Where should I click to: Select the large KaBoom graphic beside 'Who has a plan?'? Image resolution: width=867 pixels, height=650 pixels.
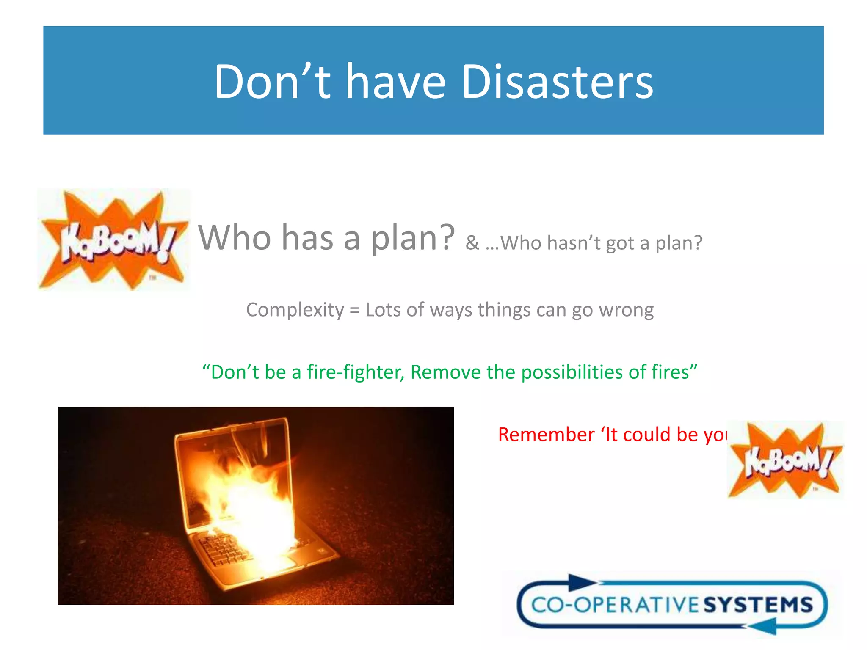click(x=113, y=240)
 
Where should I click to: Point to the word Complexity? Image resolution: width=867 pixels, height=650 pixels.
click(x=295, y=310)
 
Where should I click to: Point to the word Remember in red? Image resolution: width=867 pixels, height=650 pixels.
click(x=546, y=435)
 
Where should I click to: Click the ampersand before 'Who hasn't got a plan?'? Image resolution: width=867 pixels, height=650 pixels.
click(x=472, y=243)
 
